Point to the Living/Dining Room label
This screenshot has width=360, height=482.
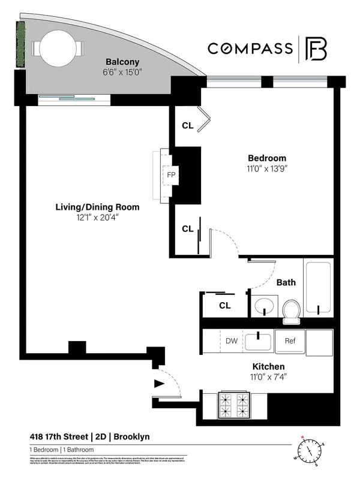(97, 207)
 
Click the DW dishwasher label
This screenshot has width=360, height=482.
(231, 341)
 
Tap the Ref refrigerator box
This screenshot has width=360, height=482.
(290, 341)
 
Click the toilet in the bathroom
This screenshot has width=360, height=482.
(291, 309)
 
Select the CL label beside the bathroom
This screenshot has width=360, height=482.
(224, 305)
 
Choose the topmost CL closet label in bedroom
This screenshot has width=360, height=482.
(188, 126)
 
